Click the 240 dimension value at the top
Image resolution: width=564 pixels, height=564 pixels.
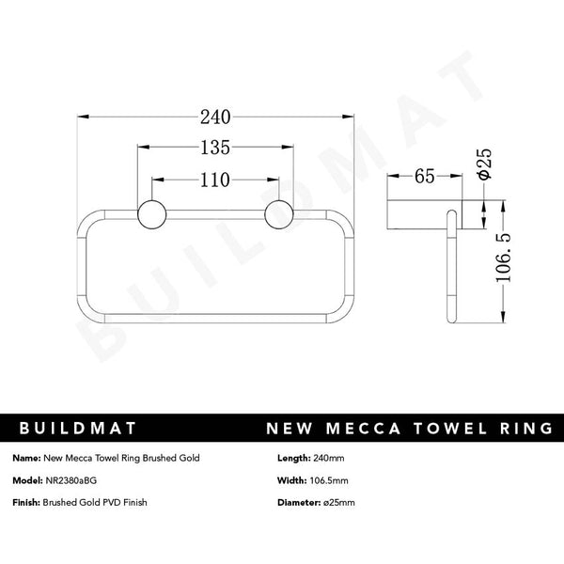(x=215, y=117)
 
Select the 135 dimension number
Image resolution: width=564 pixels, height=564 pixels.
(x=215, y=148)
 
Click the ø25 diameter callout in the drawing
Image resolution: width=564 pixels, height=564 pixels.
(x=484, y=162)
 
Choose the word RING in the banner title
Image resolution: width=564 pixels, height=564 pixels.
(x=521, y=429)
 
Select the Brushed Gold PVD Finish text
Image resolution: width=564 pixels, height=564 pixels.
(x=95, y=502)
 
